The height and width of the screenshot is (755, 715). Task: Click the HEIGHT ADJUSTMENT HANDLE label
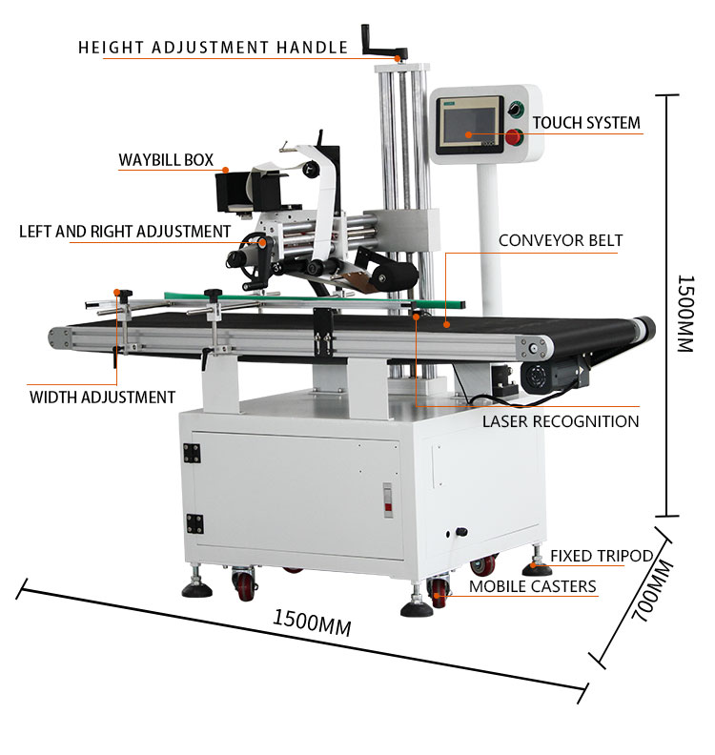pos(213,48)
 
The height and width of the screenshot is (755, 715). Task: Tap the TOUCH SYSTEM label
pos(586,123)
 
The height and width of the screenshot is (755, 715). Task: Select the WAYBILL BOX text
pos(166,160)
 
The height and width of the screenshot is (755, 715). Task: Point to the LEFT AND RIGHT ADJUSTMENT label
pos(125,232)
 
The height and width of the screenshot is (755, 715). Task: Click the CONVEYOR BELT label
pos(561,240)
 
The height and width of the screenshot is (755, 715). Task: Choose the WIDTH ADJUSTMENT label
pos(102,398)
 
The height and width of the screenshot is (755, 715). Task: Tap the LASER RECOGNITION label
pos(561,421)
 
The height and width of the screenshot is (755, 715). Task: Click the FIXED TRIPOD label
pos(602,556)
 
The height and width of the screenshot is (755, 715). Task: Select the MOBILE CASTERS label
pos(533,586)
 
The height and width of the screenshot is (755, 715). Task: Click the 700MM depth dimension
pos(652,591)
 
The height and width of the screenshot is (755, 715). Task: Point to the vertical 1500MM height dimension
pos(685,314)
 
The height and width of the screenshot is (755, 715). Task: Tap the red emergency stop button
pos(514,137)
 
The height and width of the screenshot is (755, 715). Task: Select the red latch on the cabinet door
pos(388,500)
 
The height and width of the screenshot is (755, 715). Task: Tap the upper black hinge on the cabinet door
pos(192,453)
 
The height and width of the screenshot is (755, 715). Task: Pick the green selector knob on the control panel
pos(515,110)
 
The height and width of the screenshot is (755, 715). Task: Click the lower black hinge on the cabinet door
pos(195,524)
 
